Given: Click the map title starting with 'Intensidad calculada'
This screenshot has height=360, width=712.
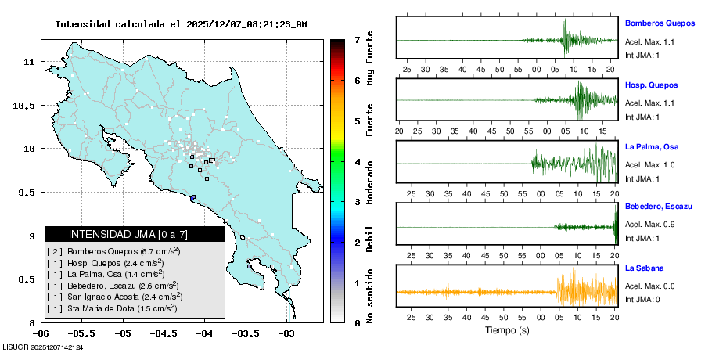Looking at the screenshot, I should (181, 24).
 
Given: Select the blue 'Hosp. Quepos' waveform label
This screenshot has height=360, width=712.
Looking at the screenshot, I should (651, 85).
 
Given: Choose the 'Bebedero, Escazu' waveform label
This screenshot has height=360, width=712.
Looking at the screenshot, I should (659, 206).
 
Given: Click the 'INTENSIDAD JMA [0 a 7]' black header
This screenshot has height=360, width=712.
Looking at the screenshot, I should (135, 234).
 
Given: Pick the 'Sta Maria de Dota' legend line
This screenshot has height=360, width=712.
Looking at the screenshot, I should (118, 309).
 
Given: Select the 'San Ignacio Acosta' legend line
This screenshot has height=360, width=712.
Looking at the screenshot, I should (124, 297).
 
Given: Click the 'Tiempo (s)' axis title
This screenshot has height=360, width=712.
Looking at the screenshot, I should (505, 330).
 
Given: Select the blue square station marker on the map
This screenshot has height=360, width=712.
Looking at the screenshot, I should (193, 197).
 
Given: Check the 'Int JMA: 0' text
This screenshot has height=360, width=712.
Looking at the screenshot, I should (642, 299).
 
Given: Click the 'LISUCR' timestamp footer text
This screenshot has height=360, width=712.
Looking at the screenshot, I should (43, 347).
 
